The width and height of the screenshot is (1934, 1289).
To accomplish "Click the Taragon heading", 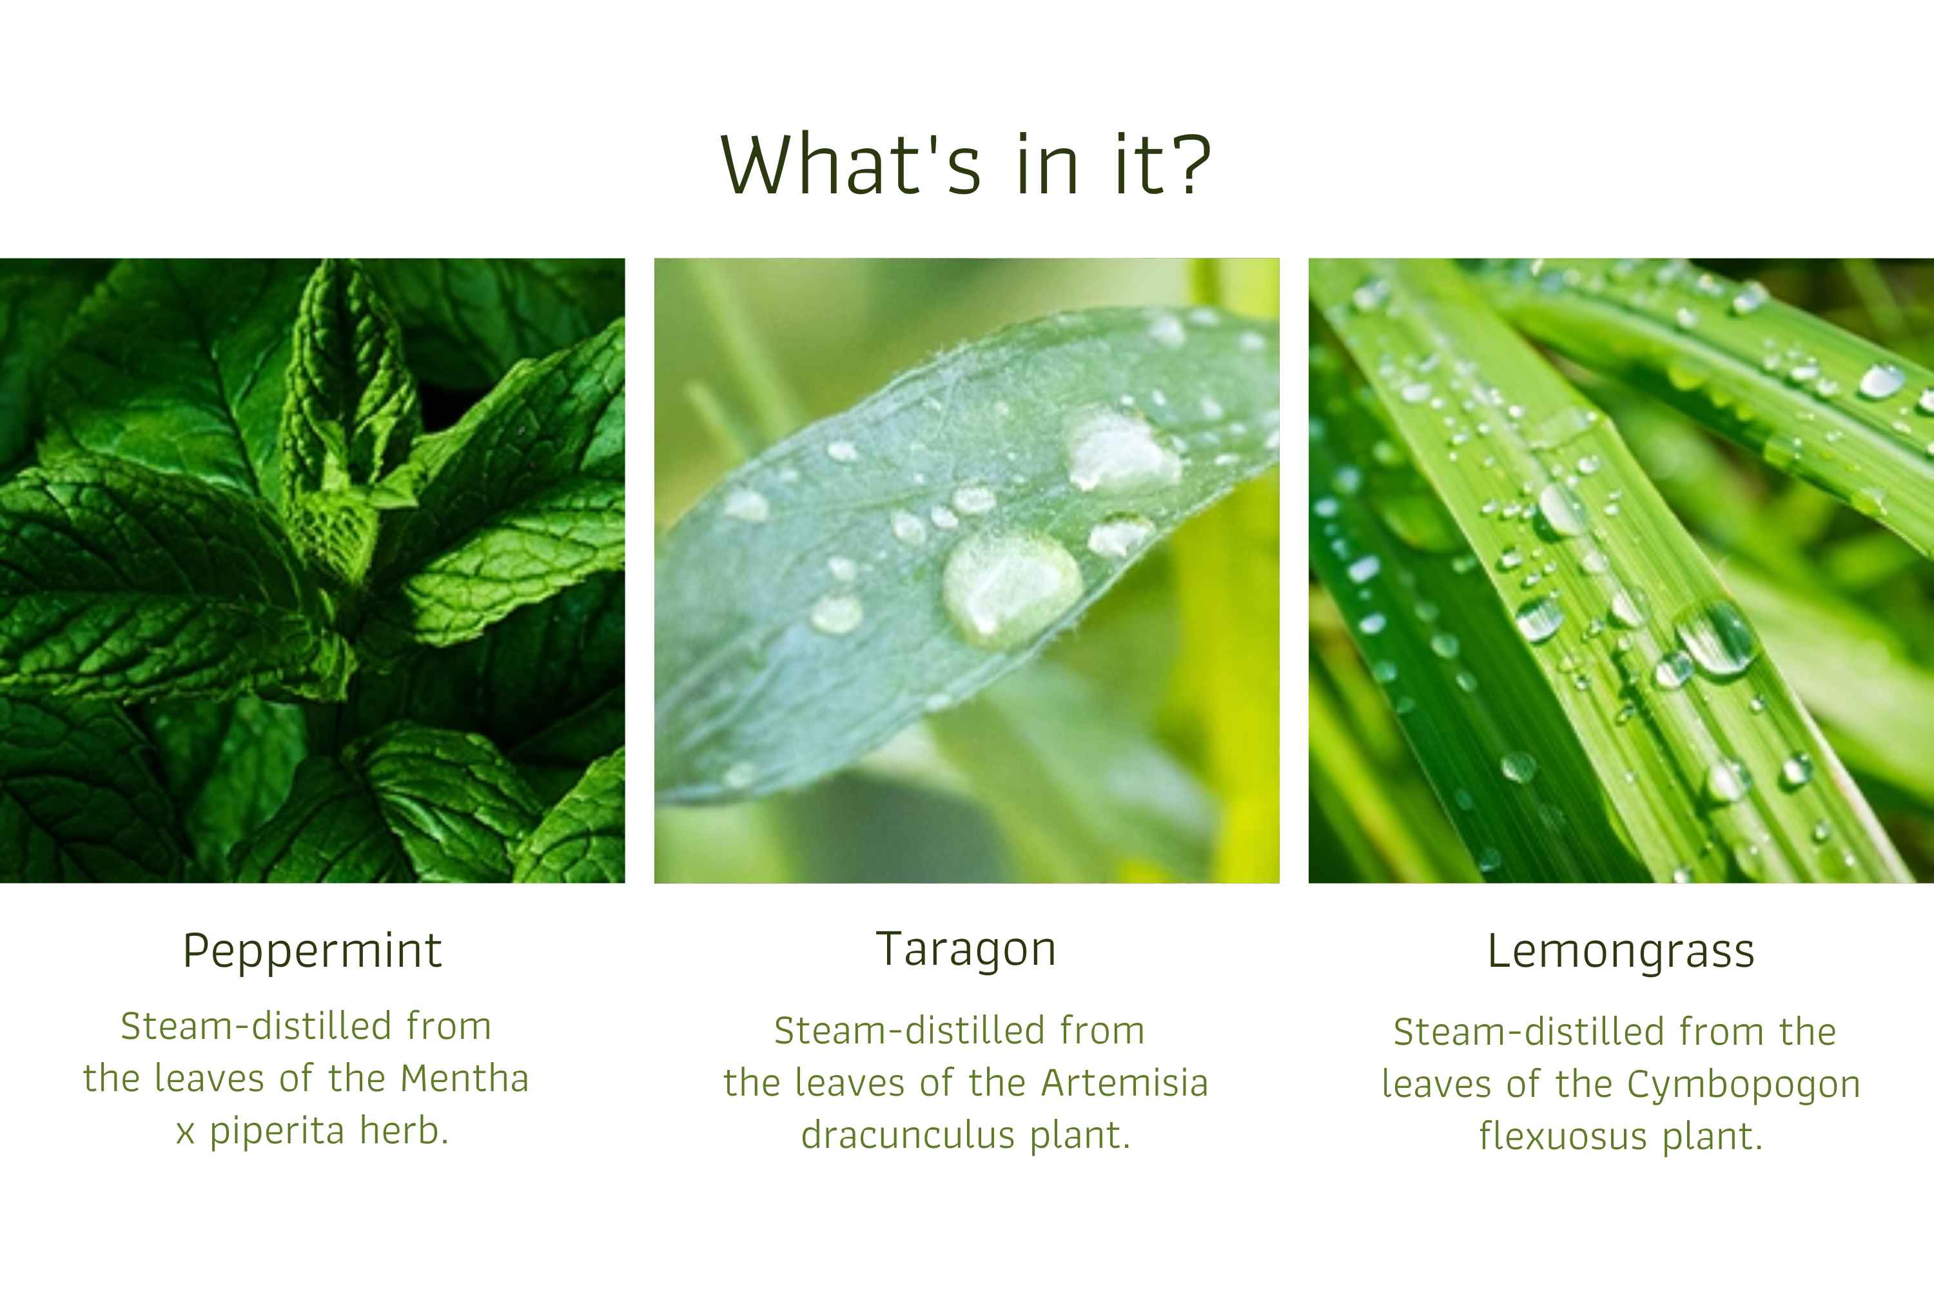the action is click(x=966, y=949).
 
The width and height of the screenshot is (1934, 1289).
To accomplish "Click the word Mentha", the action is click(x=465, y=1078).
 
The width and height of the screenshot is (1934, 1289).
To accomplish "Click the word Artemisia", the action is click(x=1125, y=1083).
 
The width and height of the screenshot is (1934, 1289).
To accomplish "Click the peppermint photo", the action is click(x=313, y=570).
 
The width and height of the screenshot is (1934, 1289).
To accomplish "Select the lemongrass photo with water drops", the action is click(x=1621, y=570).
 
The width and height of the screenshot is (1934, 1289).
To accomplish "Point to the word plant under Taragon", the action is click(x=1080, y=1136).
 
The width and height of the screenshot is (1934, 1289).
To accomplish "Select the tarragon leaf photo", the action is click(x=967, y=570).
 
